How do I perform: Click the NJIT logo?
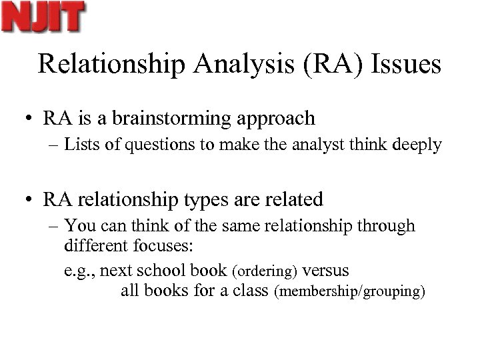44,17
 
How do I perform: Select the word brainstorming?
168,119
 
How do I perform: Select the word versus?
325,271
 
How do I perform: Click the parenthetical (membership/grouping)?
349,292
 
